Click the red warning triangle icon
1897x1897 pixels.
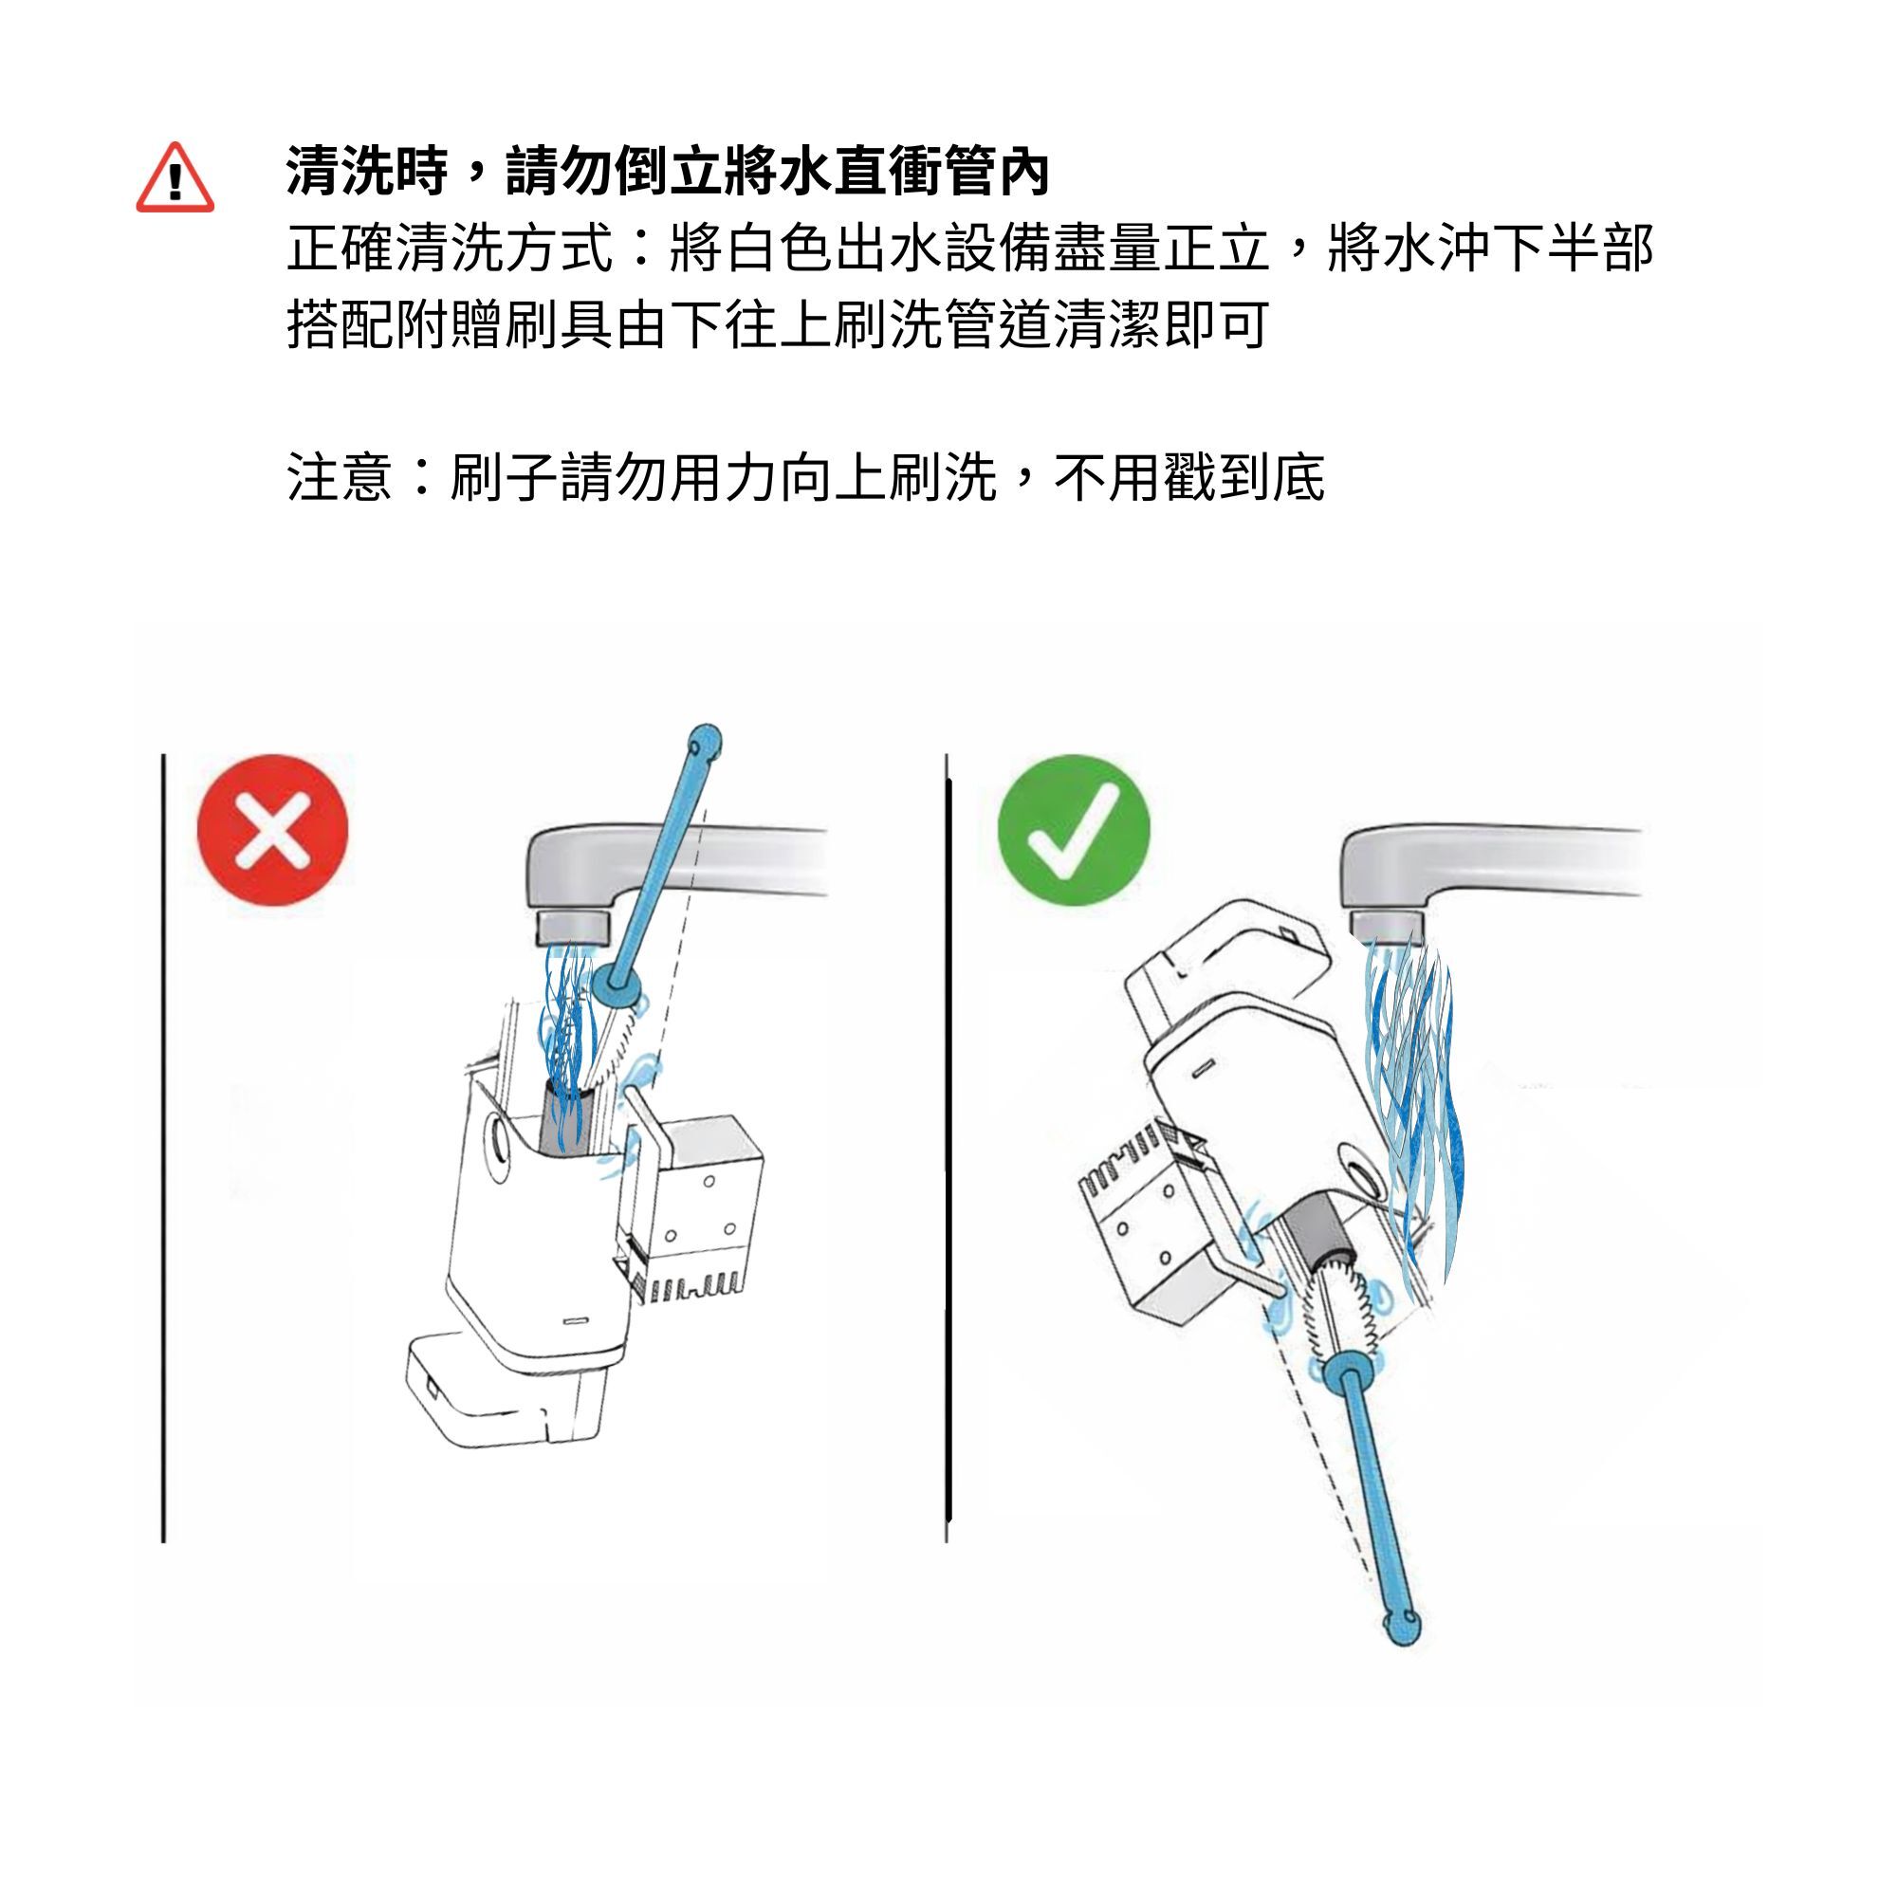click(175, 177)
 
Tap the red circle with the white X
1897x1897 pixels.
click(273, 830)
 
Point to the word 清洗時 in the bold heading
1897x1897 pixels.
click(367, 170)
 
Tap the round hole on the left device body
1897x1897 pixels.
click(497, 1141)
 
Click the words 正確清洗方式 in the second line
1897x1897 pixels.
click(450, 248)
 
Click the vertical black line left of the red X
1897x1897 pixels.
click(163, 1148)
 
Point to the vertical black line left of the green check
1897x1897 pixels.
click(948, 1148)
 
